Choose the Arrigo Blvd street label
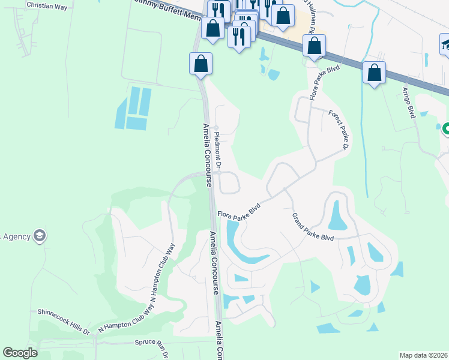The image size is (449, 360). (x=408, y=103)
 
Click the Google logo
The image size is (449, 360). (x=20, y=353)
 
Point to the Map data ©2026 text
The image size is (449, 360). (x=423, y=355)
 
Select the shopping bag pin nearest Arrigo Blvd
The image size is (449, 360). (x=375, y=73)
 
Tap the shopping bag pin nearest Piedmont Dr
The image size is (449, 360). (x=201, y=64)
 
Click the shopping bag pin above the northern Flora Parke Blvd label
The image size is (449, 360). (x=314, y=45)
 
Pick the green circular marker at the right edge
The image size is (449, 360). (x=445, y=129)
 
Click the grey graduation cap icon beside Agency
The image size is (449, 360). (x=40, y=235)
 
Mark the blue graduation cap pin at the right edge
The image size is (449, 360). (x=445, y=45)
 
